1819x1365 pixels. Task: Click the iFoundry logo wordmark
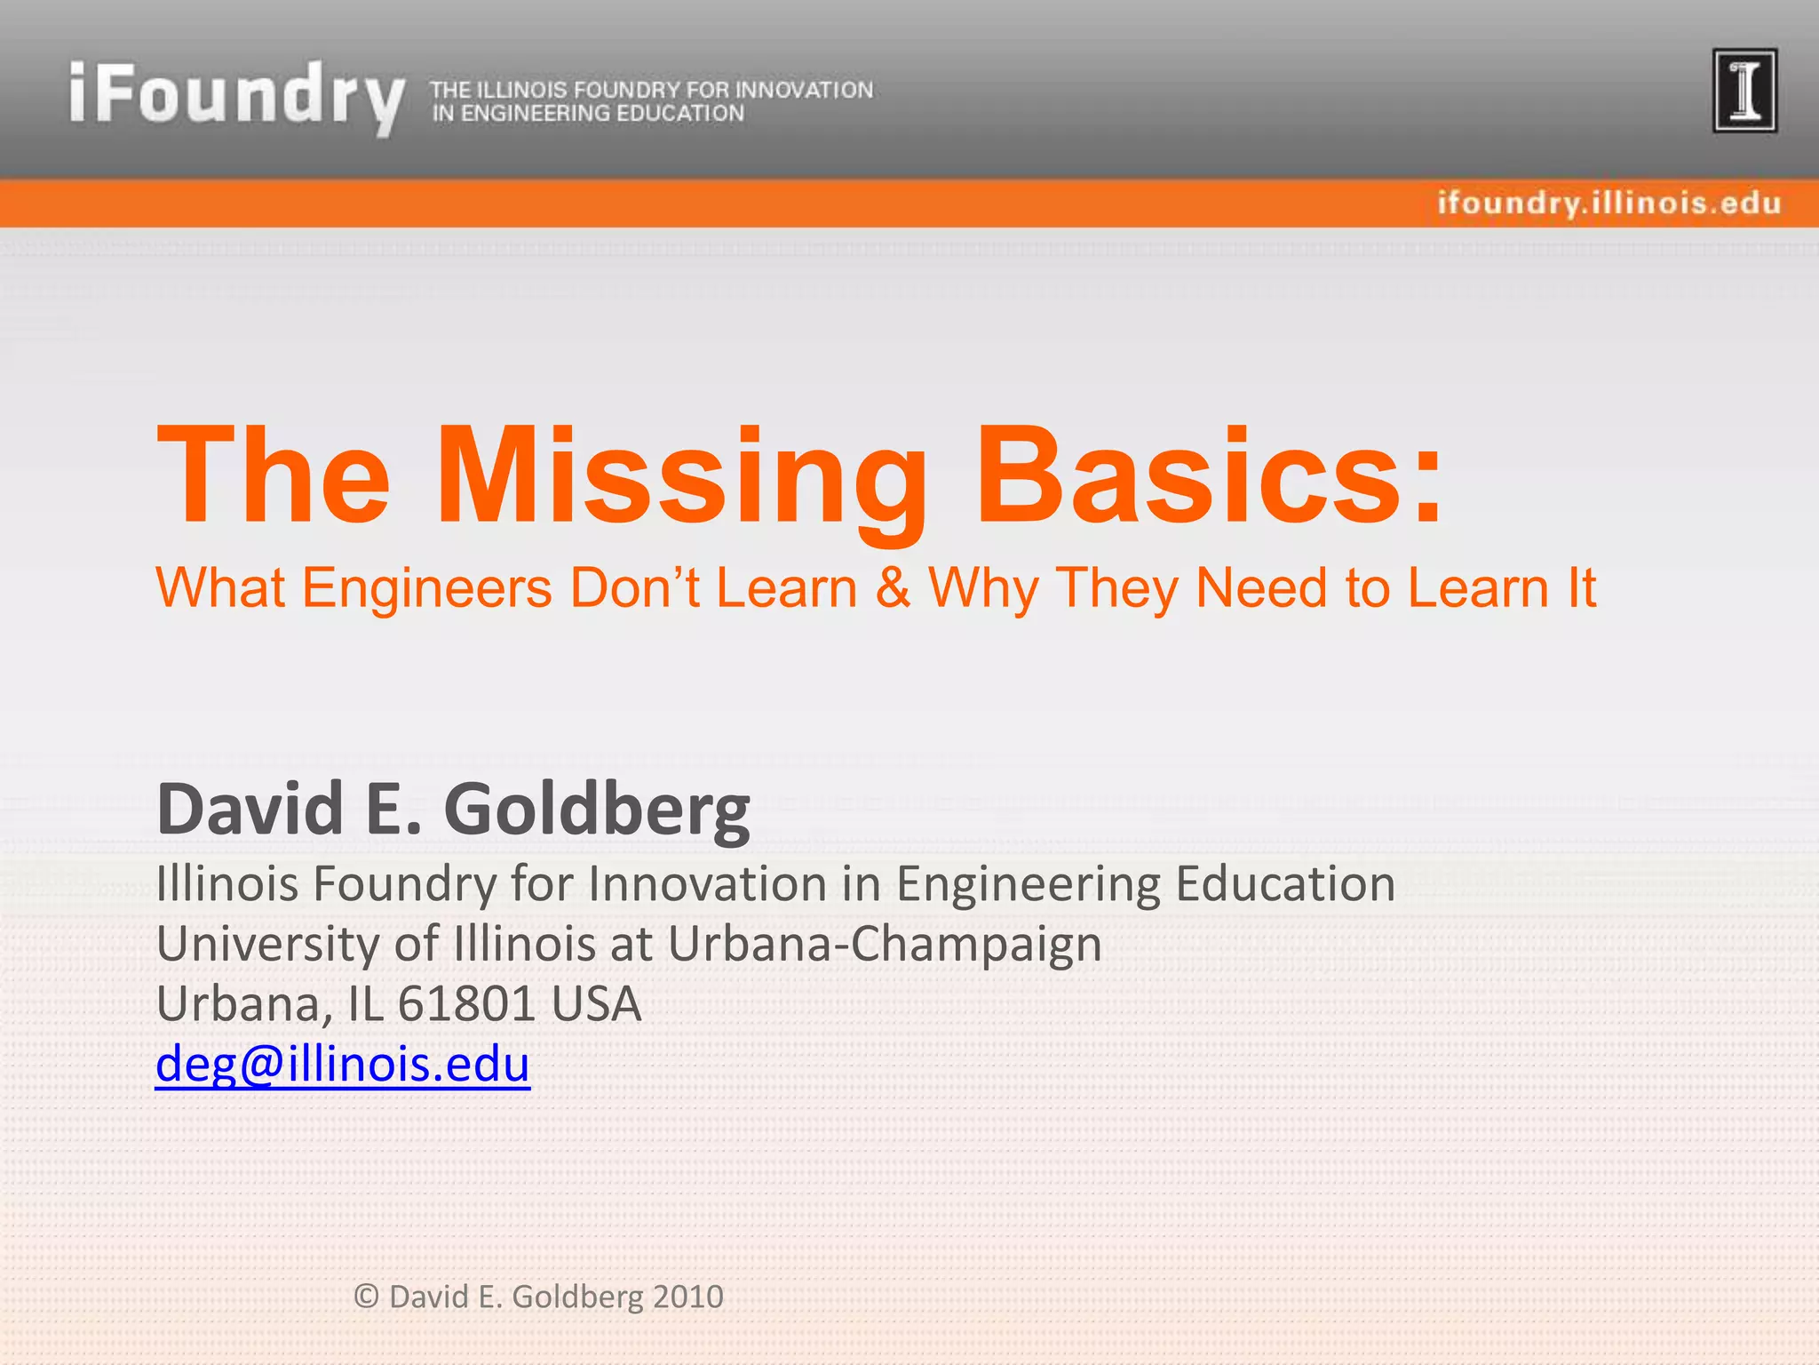coord(236,96)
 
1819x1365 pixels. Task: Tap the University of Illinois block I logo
coord(1744,91)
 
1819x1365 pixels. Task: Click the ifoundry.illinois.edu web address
coord(1609,204)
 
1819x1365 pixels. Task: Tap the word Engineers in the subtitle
coord(427,588)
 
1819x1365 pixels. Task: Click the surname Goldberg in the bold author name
coord(596,810)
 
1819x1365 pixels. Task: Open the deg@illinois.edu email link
coord(343,1064)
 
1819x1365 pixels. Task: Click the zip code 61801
coord(466,1004)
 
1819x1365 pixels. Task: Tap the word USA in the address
coord(596,1004)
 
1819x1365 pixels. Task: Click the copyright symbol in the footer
coord(366,1297)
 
